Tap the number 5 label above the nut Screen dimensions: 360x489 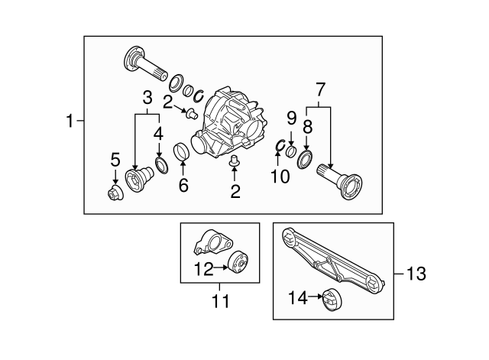pos(115,160)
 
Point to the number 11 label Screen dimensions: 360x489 pos(220,302)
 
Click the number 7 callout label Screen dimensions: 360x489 pos(319,89)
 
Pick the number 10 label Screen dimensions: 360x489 pos(281,177)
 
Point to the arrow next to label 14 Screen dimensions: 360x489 pos(311,297)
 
